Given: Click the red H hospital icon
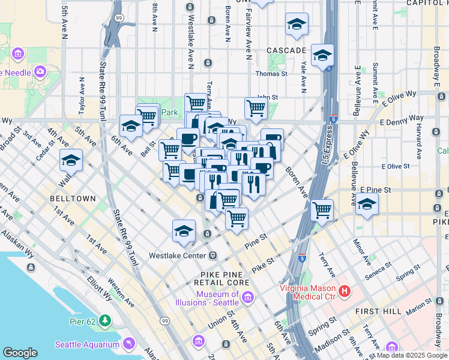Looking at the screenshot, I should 345,292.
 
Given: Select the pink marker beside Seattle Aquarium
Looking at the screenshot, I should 128,343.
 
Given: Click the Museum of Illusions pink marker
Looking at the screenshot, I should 247,297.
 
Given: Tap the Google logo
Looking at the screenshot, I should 20,353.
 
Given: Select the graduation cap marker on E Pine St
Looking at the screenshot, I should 366,205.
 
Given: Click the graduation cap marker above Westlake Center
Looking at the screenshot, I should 184,231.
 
